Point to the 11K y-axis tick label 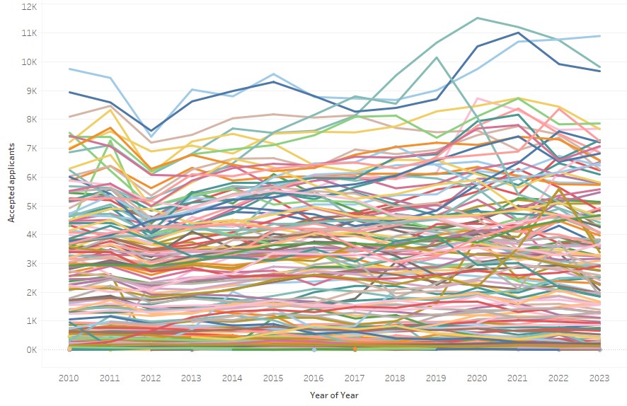[28, 33]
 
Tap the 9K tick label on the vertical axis [30, 91]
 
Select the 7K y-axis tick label [30, 149]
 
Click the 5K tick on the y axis [30, 206]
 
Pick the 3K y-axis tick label [30, 264]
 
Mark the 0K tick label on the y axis [30, 350]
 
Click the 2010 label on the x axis [69, 378]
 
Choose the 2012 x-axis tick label [151, 378]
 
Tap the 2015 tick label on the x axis [273, 378]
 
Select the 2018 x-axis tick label [396, 378]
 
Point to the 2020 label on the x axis [477, 378]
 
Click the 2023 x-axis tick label [599, 378]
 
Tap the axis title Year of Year [334, 395]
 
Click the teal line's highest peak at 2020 [477, 18]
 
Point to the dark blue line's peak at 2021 [518, 32]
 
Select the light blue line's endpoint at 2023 [599, 36]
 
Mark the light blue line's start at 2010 [69, 69]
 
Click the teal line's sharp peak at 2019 [437, 57]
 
